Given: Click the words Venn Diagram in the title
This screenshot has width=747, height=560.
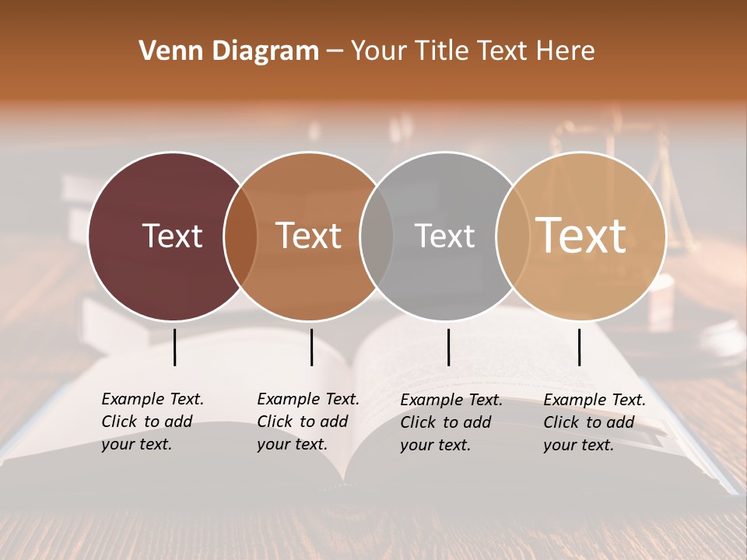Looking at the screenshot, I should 229,51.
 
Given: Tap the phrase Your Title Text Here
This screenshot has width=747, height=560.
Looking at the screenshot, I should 472,51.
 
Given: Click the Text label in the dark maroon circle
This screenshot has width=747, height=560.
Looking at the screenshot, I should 172,236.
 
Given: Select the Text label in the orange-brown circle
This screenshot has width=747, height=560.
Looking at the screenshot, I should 309,236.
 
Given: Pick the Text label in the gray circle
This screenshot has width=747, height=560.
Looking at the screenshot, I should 444,236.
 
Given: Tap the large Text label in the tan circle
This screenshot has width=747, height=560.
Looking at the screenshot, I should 581,236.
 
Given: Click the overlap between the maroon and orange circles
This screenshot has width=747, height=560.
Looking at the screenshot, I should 240,236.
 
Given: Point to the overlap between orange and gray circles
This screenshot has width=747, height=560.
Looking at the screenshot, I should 377,236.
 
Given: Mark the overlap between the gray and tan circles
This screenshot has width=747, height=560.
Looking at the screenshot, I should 512,236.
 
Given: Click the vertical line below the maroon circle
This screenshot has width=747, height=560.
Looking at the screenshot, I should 175,347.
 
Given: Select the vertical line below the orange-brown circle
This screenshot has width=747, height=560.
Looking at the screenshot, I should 311,347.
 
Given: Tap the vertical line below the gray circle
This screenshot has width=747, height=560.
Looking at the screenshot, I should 448,347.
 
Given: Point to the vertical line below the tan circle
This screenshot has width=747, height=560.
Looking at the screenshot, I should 580,347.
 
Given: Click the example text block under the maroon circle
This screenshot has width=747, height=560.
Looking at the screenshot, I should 153,422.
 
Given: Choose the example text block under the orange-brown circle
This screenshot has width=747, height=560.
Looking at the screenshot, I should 308,422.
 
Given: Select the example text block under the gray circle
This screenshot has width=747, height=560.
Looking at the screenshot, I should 451,422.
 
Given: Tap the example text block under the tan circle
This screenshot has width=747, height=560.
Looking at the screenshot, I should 594,422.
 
